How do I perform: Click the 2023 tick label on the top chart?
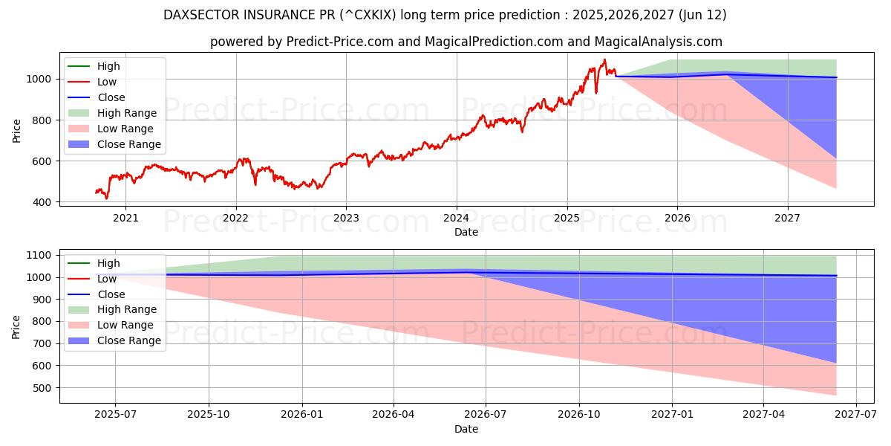[346, 218]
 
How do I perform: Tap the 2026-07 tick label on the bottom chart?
[486, 415]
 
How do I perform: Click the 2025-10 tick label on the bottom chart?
[208, 415]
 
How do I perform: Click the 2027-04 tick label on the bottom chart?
[764, 415]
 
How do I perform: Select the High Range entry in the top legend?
[126, 113]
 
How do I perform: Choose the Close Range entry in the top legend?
[128, 144]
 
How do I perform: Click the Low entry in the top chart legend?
[108, 82]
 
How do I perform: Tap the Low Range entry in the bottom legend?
[125, 325]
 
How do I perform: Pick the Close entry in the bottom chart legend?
[111, 294]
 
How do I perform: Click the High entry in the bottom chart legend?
[108, 263]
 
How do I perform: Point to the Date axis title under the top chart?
[466, 233]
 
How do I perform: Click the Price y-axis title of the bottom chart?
[16, 326]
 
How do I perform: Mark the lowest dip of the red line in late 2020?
[106, 198]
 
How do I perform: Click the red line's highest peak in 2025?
[604, 59]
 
